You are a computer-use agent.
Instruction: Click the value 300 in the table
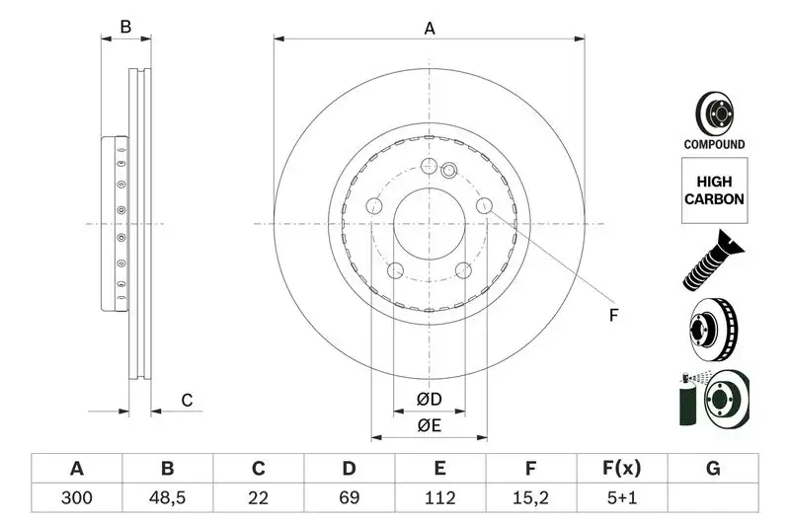(x=76, y=498)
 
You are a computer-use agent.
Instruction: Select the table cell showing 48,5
(x=167, y=498)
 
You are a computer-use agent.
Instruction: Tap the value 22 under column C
(x=258, y=498)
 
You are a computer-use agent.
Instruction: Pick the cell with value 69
(x=349, y=498)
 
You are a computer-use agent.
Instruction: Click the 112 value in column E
(x=439, y=498)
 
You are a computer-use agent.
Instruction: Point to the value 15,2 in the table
(x=530, y=498)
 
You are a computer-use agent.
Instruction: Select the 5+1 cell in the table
(x=621, y=498)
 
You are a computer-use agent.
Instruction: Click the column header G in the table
(x=712, y=468)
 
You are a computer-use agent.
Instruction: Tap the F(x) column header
(x=621, y=468)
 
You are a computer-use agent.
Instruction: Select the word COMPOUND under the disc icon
(x=714, y=144)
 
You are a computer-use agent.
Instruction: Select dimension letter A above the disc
(x=430, y=29)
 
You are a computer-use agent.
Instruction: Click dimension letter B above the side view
(x=125, y=28)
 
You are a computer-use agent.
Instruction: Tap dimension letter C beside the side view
(x=186, y=400)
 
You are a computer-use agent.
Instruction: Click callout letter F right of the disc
(x=612, y=316)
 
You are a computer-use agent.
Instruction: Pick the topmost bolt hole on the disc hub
(x=429, y=167)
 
